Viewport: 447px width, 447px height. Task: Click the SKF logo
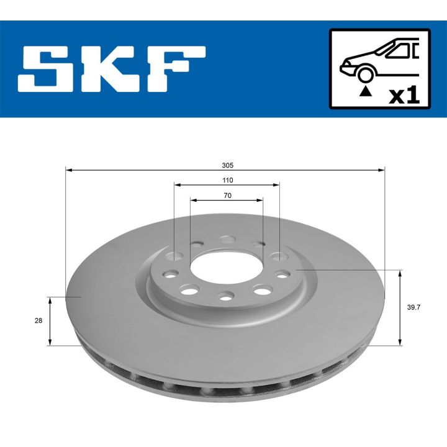(x=112, y=70)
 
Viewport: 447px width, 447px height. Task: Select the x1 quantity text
(x=404, y=96)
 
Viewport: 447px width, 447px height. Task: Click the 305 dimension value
(x=227, y=165)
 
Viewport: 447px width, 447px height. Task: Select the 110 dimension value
(x=227, y=180)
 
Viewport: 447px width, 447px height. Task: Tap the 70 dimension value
(x=227, y=196)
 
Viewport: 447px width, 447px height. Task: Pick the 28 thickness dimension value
(x=38, y=320)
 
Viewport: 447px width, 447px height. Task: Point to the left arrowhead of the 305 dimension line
(x=68, y=169)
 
